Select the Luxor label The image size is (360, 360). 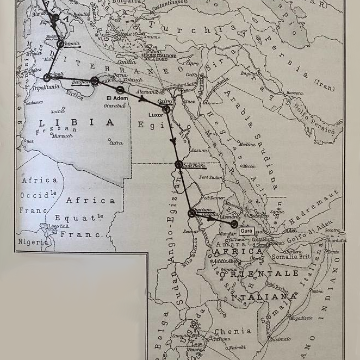(156, 115)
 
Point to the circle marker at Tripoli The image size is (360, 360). (47, 78)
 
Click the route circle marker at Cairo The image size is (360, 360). (166, 109)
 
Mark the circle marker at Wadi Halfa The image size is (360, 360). (178, 164)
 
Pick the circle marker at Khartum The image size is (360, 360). (191, 213)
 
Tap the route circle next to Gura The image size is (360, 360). (234, 224)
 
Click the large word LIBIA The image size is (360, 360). (77, 123)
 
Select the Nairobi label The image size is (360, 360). (236, 347)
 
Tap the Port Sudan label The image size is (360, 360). (211, 177)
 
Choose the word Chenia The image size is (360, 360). (233, 331)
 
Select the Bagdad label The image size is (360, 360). (249, 73)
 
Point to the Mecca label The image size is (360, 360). (248, 166)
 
